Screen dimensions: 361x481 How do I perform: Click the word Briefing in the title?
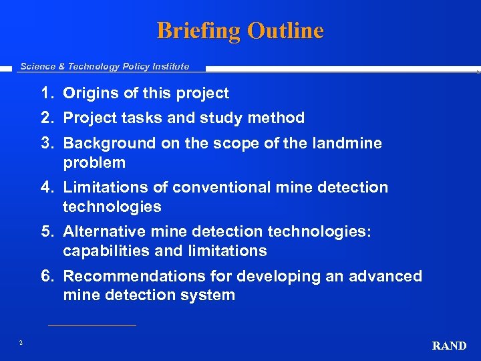(198, 31)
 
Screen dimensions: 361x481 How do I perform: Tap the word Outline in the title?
(285, 31)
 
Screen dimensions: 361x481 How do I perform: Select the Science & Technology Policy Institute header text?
(105, 66)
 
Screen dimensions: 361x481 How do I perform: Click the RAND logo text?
(449, 346)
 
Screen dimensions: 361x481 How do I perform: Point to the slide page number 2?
(21, 343)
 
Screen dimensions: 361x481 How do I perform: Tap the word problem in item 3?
(94, 162)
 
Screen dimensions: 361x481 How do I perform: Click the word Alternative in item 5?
(101, 232)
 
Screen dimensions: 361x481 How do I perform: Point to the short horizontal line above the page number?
(92, 326)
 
